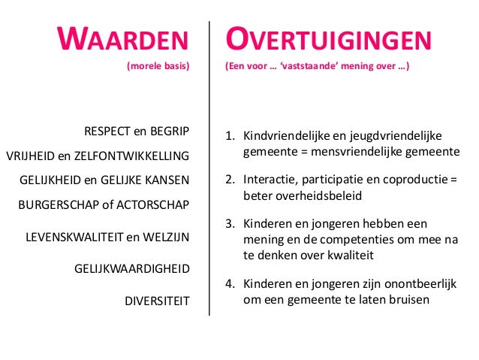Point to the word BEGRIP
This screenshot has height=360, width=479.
[171, 132]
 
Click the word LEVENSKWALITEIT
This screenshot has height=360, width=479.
[73, 237]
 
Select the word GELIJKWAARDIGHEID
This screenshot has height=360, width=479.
[131, 268]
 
